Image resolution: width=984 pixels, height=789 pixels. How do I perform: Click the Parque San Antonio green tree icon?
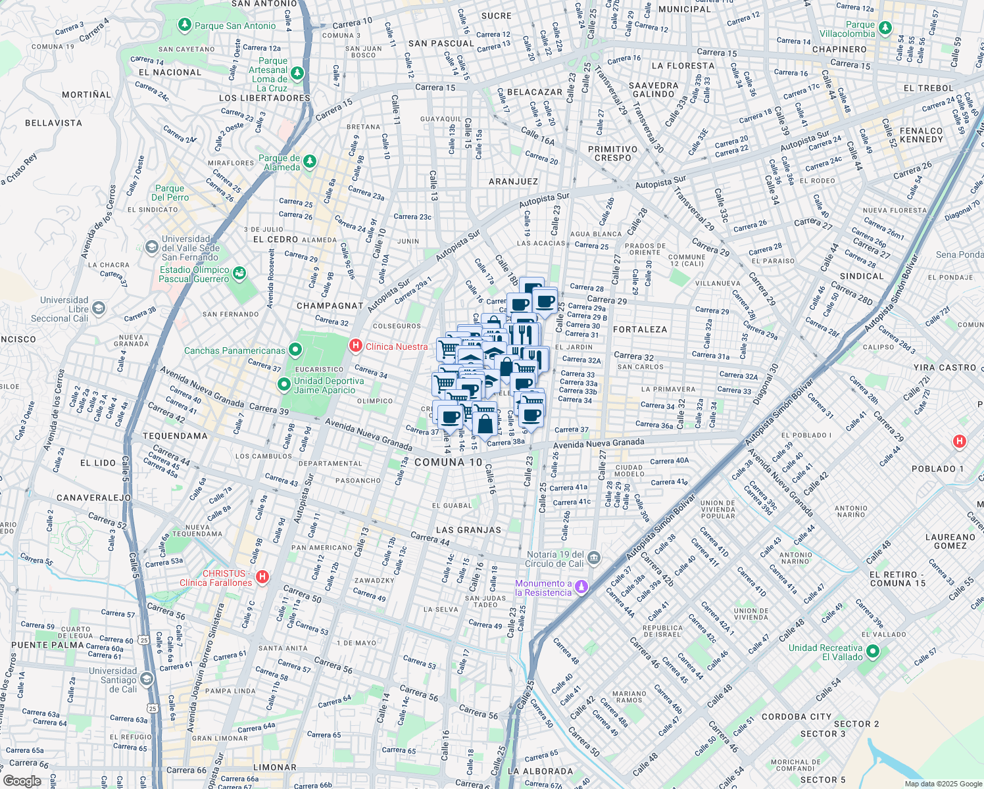(185, 25)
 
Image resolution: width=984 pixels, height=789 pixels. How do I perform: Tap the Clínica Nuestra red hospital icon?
(355, 345)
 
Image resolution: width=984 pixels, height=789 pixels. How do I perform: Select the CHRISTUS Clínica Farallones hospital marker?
(262, 577)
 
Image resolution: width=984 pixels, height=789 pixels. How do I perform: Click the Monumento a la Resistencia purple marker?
(581, 586)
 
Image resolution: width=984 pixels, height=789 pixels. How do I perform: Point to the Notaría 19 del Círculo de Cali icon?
(594, 558)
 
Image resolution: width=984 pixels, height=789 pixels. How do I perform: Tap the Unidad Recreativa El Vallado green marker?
(873, 652)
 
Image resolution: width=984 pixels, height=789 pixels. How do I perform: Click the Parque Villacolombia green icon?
(885, 28)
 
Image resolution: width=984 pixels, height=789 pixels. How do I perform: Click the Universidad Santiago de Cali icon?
(147, 679)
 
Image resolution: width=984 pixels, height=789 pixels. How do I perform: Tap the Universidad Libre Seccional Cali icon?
(98, 308)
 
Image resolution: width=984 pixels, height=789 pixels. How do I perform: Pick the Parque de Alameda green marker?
(310, 161)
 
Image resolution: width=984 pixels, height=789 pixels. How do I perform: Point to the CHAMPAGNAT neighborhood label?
(330, 306)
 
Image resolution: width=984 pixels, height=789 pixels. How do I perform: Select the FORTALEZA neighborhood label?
(639, 329)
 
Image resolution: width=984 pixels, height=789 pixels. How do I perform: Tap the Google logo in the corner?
(22, 780)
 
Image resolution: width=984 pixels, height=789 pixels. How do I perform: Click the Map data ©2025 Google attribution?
(943, 784)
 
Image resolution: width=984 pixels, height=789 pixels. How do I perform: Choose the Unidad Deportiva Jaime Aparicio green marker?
(284, 384)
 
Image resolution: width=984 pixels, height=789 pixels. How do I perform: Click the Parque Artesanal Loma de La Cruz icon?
(297, 73)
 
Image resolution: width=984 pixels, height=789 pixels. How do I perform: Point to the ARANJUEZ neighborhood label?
(513, 181)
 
